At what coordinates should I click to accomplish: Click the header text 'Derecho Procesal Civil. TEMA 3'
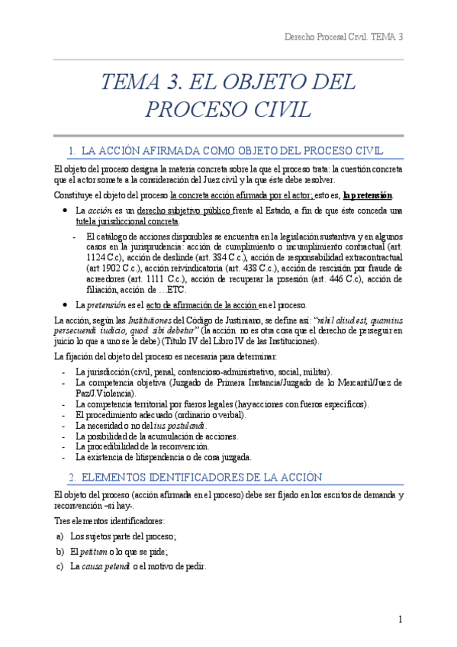(343, 37)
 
